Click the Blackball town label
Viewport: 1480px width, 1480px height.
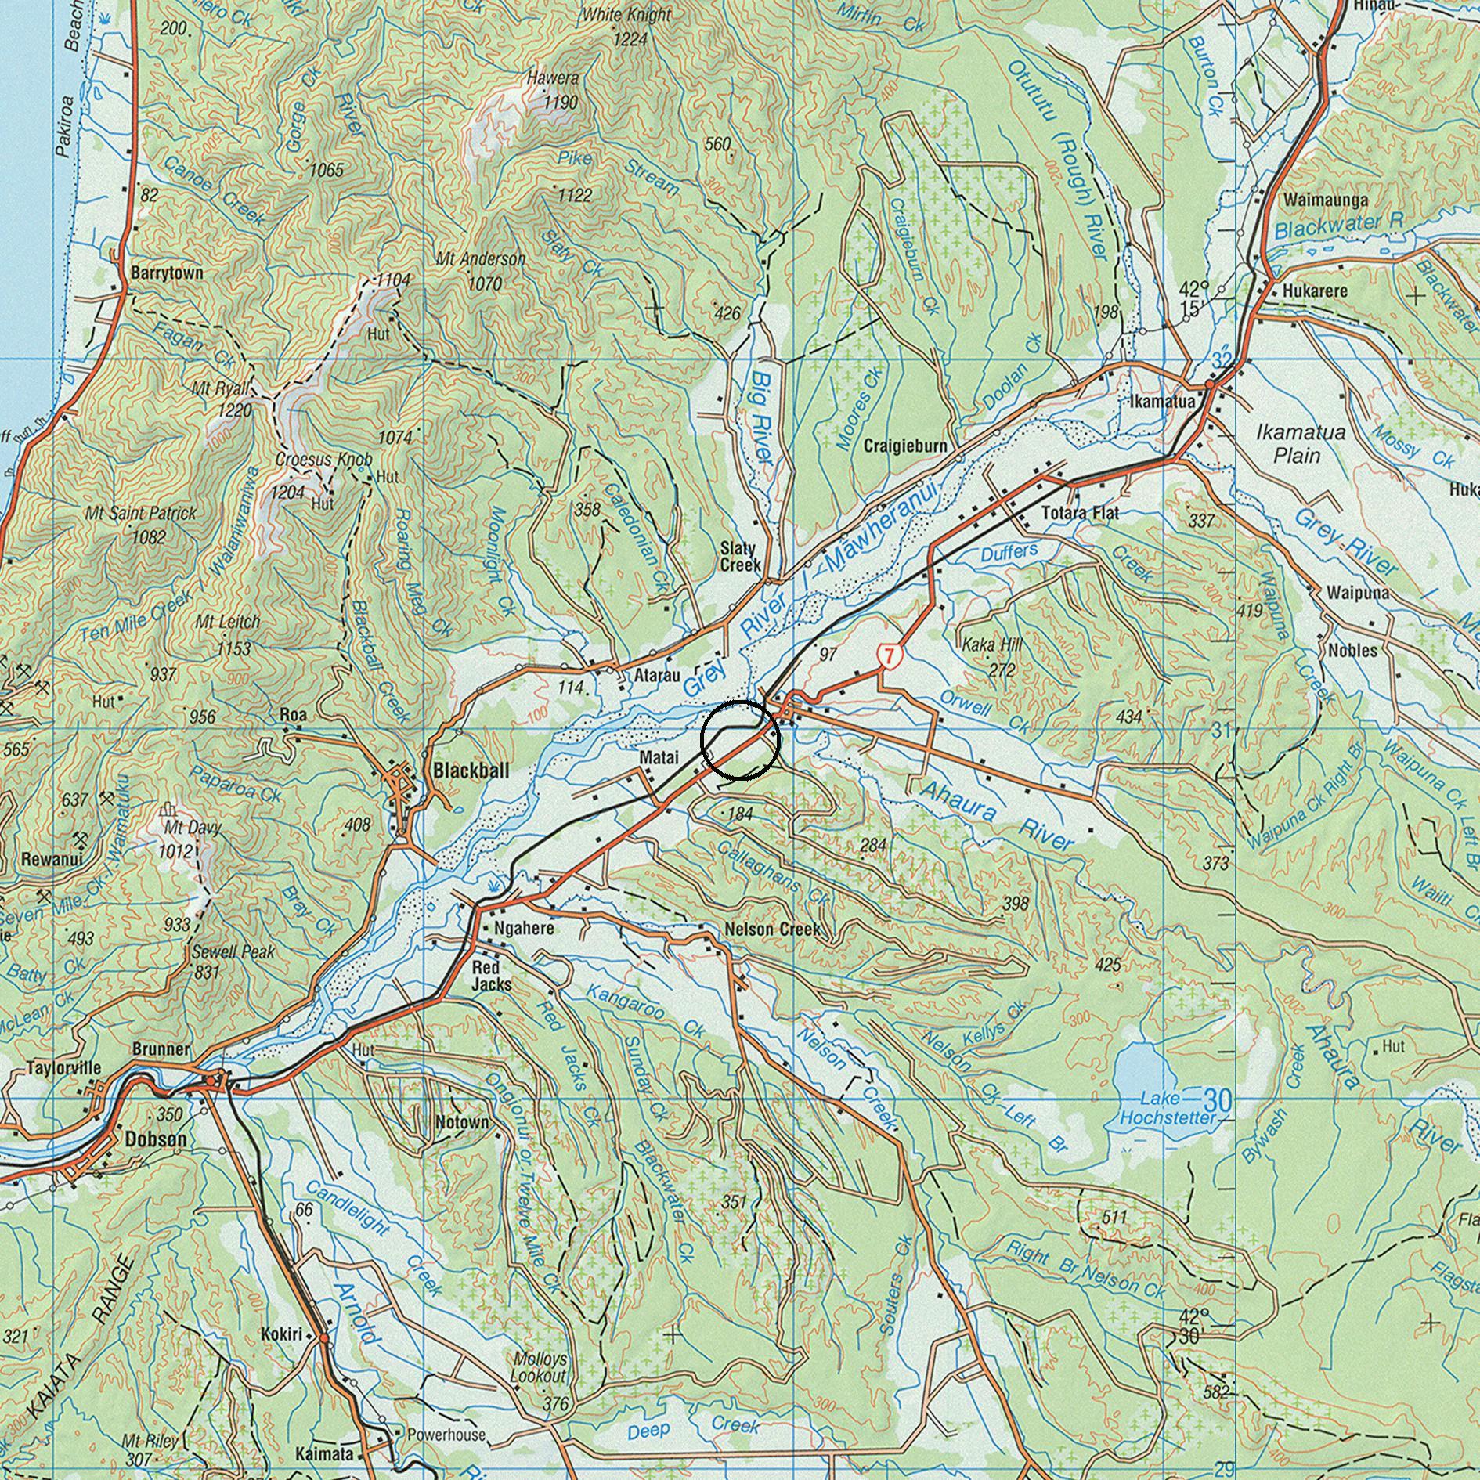(471, 771)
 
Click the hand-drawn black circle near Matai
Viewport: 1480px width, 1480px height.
(740, 740)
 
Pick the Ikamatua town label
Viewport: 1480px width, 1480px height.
(1162, 402)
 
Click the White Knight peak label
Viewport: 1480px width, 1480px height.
(626, 15)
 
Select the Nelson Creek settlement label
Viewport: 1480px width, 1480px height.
(772, 929)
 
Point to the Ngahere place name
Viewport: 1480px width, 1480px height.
(525, 929)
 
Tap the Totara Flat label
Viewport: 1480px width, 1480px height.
(1080, 513)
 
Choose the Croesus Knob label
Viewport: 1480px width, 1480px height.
(323, 459)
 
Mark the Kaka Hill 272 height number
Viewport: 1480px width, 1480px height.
(1002, 670)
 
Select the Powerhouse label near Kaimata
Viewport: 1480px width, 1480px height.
(446, 1435)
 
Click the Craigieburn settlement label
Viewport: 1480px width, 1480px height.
(905, 446)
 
